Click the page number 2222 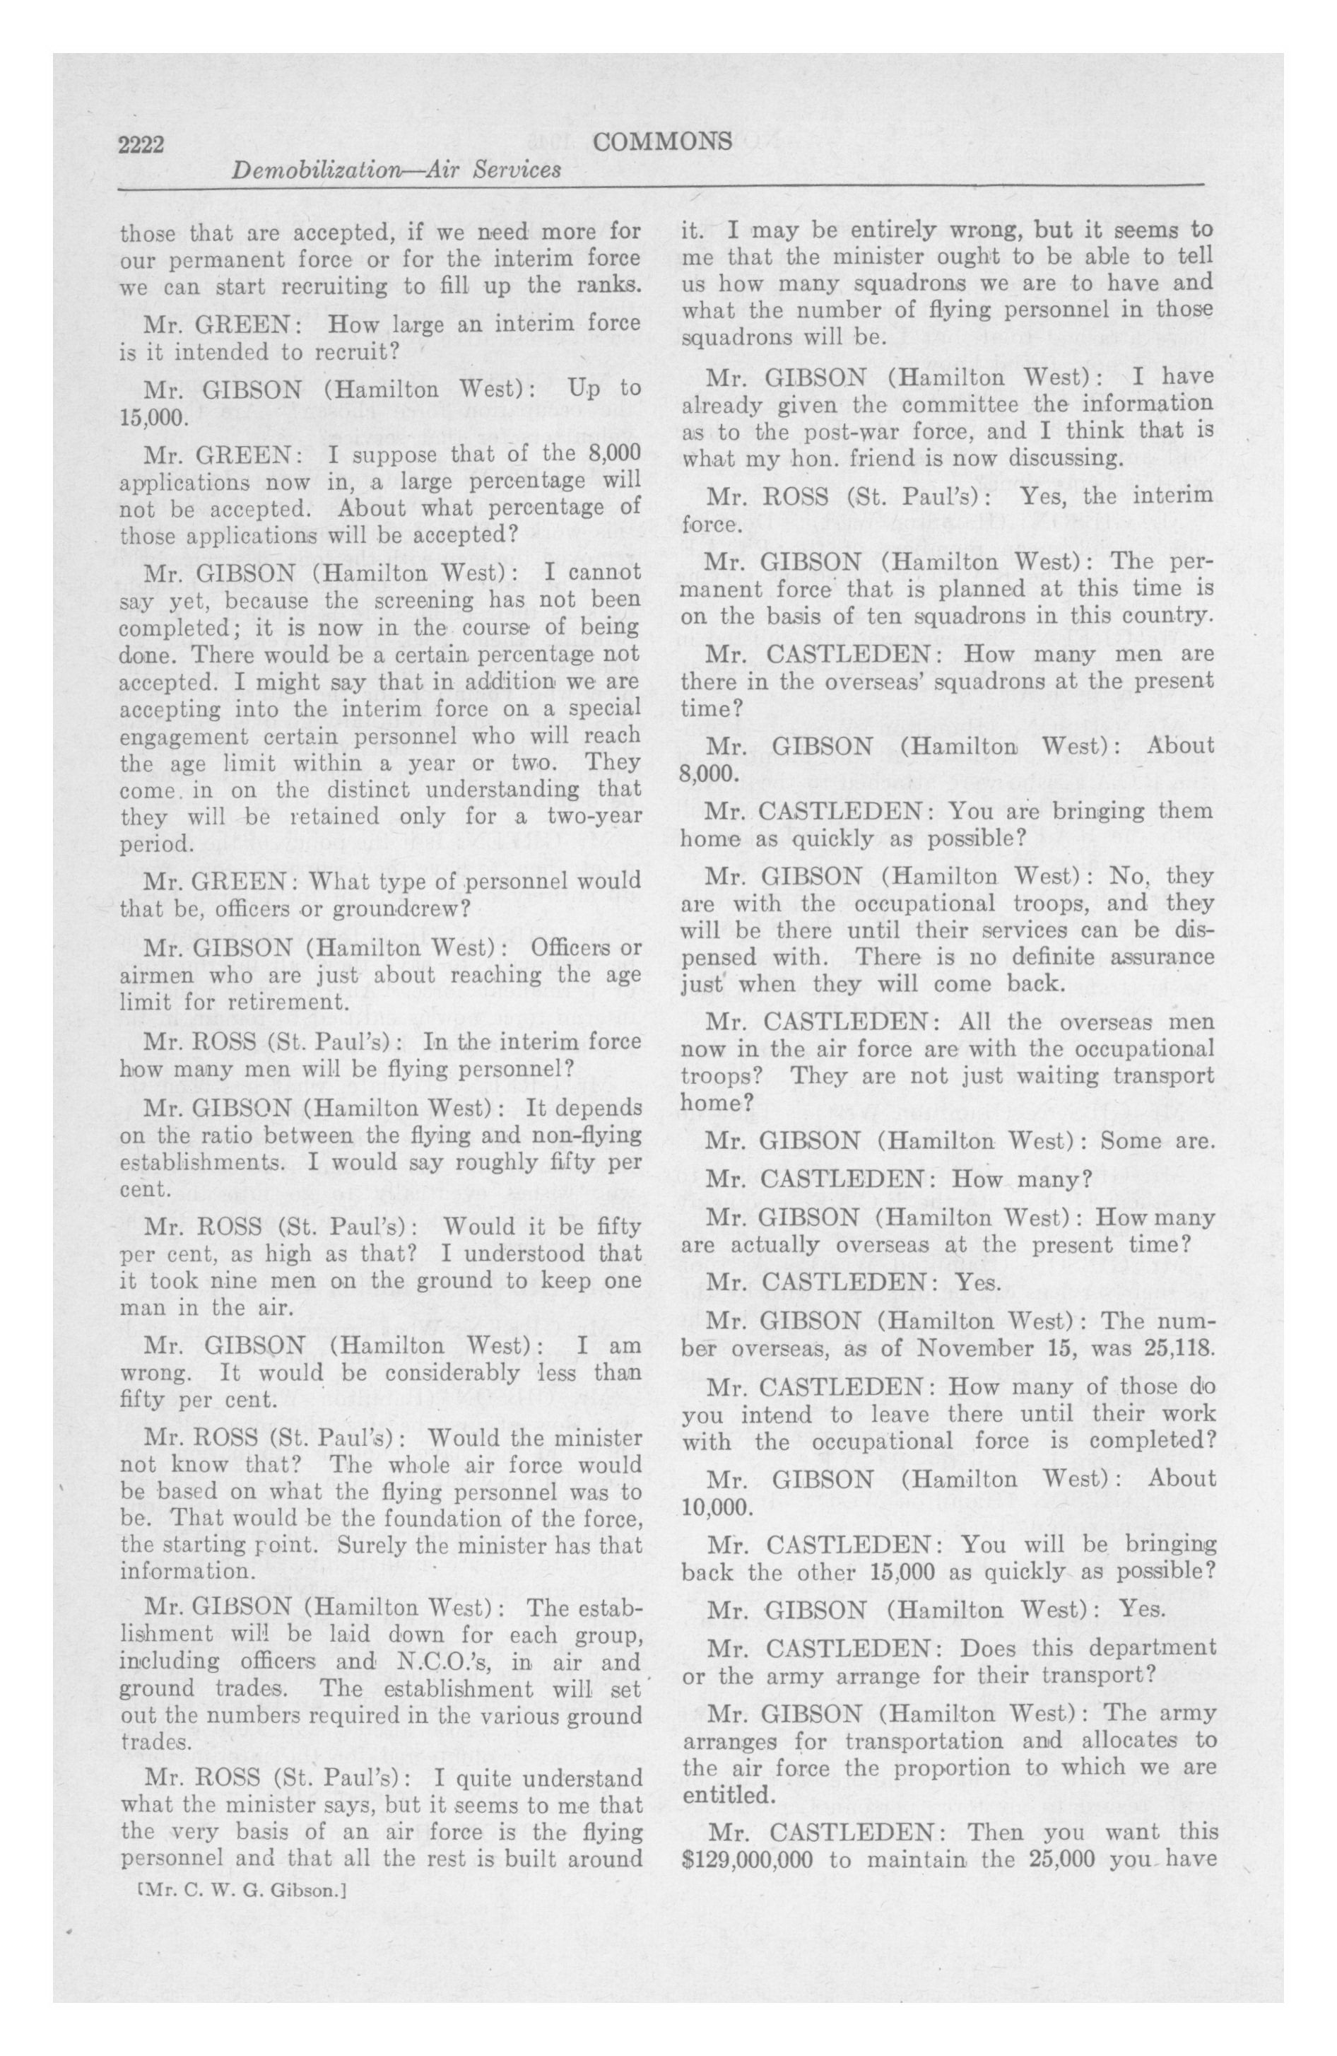(x=141, y=144)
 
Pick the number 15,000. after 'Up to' (x=153, y=417)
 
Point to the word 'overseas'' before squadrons (x=871, y=681)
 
